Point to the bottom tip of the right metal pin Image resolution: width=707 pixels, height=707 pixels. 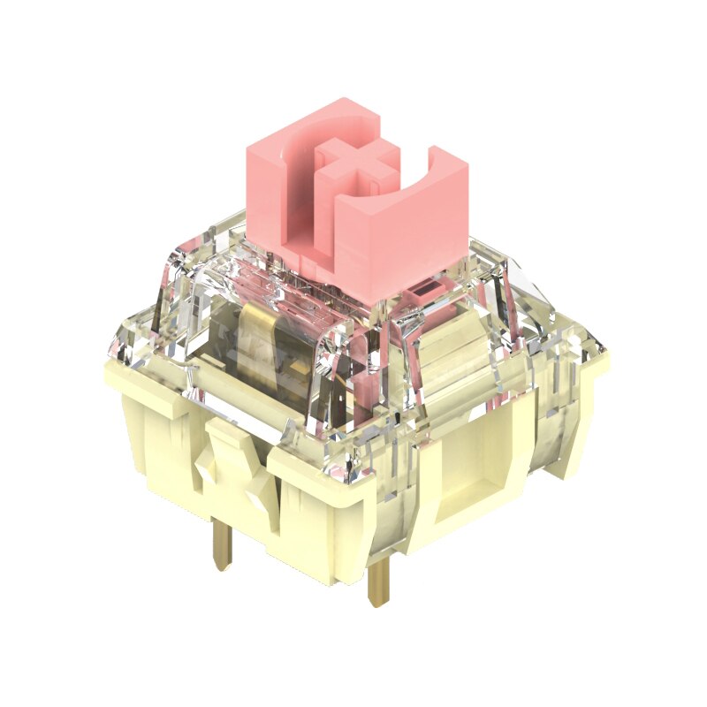379,603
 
